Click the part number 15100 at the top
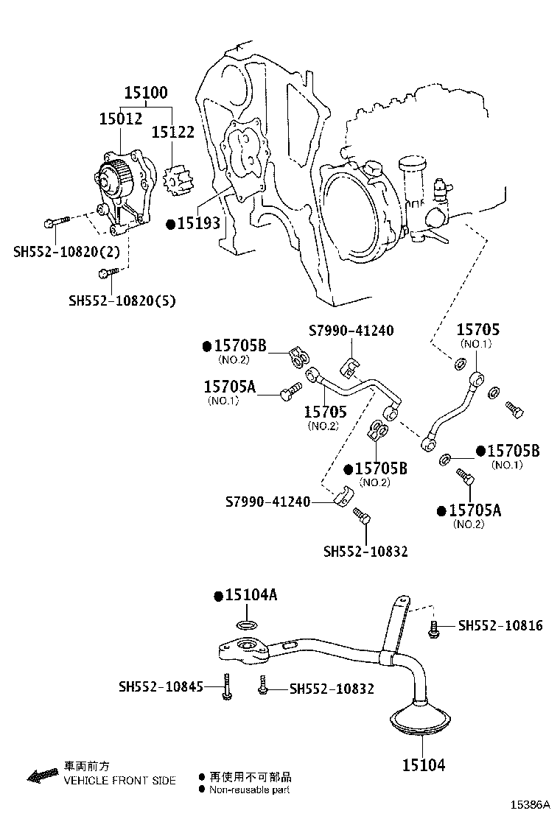click(x=146, y=93)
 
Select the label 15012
click(x=121, y=119)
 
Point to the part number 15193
click(x=198, y=224)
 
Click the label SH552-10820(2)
click(x=66, y=252)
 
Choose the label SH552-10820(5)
click(x=122, y=300)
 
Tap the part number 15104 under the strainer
click(x=424, y=765)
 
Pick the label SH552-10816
click(x=500, y=625)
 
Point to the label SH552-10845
click(x=161, y=686)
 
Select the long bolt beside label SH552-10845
click(x=227, y=686)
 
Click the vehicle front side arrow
click(x=42, y=776)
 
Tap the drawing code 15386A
click(x=531, y=804)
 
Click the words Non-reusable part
click(x=249, y=790)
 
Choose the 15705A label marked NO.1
click(x=230, y=387)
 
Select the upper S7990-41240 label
click(x=351, y=331)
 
